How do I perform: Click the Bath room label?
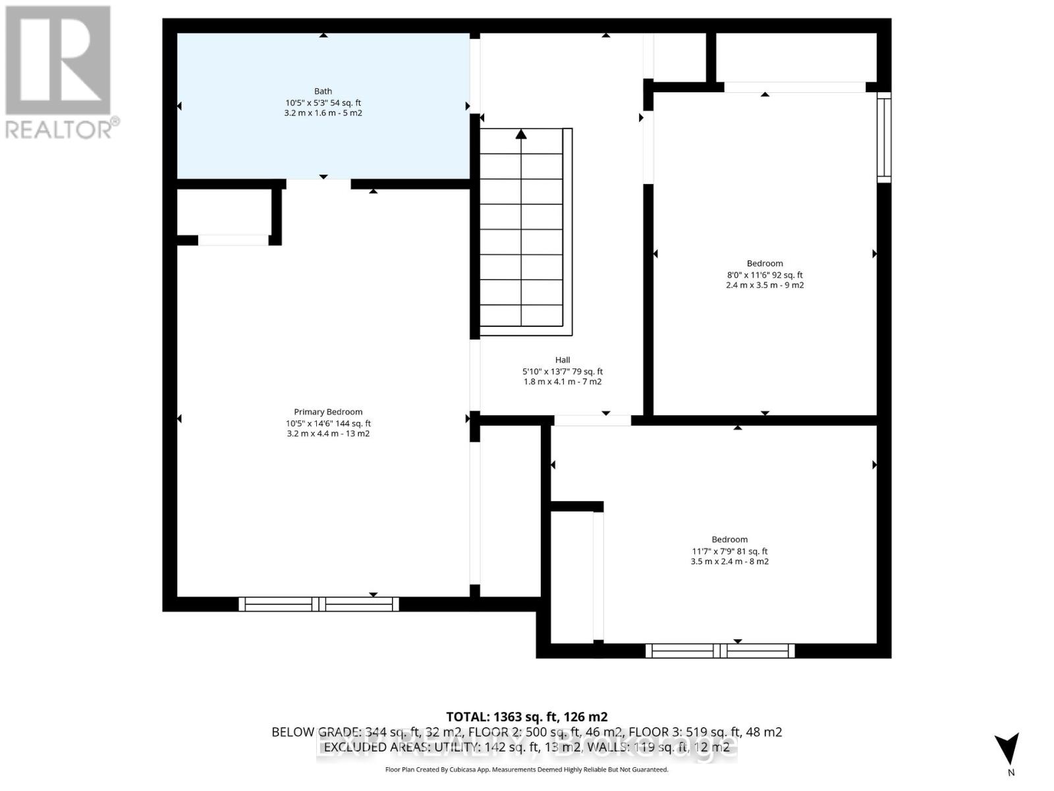click(323, 91)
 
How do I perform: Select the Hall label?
click(563, 360)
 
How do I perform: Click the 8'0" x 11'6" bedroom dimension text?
click(764, 275)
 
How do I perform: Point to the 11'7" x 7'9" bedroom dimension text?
click(729, 551)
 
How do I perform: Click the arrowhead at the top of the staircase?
click(521, 134)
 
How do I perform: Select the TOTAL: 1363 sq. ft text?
click(526, 717)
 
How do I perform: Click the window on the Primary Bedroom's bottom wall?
click(319, 604)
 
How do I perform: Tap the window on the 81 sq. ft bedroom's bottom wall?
click(720, 651)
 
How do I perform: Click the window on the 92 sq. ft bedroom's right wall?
click(883, 137)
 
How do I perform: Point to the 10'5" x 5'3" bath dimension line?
click(323, 103)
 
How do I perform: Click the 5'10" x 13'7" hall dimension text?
click(563, 372)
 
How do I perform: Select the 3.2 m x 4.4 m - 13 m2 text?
click(328, 434)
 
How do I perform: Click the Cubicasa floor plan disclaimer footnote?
click(526, 769)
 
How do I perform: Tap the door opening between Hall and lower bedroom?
click(592, 420)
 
